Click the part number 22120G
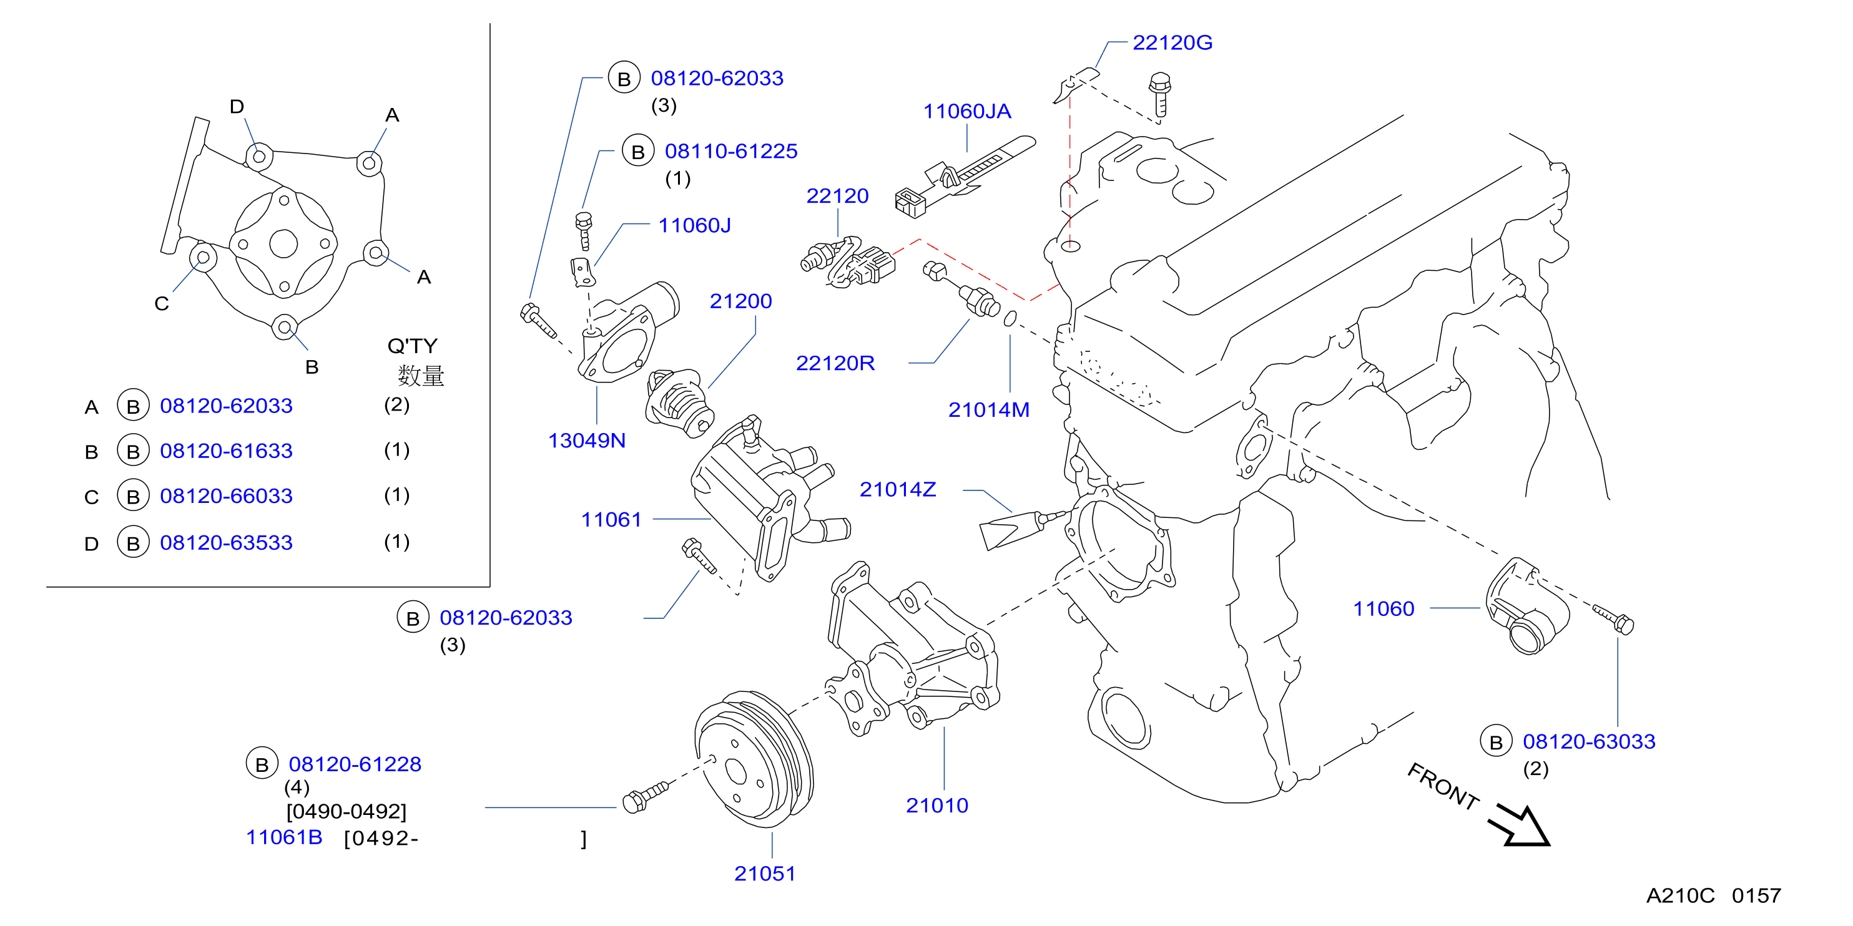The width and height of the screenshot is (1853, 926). pyautogui.click(x=1172, y=42)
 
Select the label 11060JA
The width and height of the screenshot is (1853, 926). pyautogui.click(x=967, y=112)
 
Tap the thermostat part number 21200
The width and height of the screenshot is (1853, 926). pyautogui.click(x=740, y=301)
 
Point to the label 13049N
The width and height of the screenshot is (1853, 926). pyautogui.click(x=586, y=441)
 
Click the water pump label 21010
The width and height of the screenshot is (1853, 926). pyautogui.click(x=936, y=805)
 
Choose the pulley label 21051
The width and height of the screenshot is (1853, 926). pyautogui.click(x=765, y=874)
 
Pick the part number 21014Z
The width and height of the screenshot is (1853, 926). pyautogui.click(x=898, y=490)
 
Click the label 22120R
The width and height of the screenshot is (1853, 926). pyautogui.click(x=835, y=363)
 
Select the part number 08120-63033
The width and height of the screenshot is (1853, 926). pyautogui.click(x=1589, y=741)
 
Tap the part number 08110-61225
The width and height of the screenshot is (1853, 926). pyautogui.click(x=731, y=151)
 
